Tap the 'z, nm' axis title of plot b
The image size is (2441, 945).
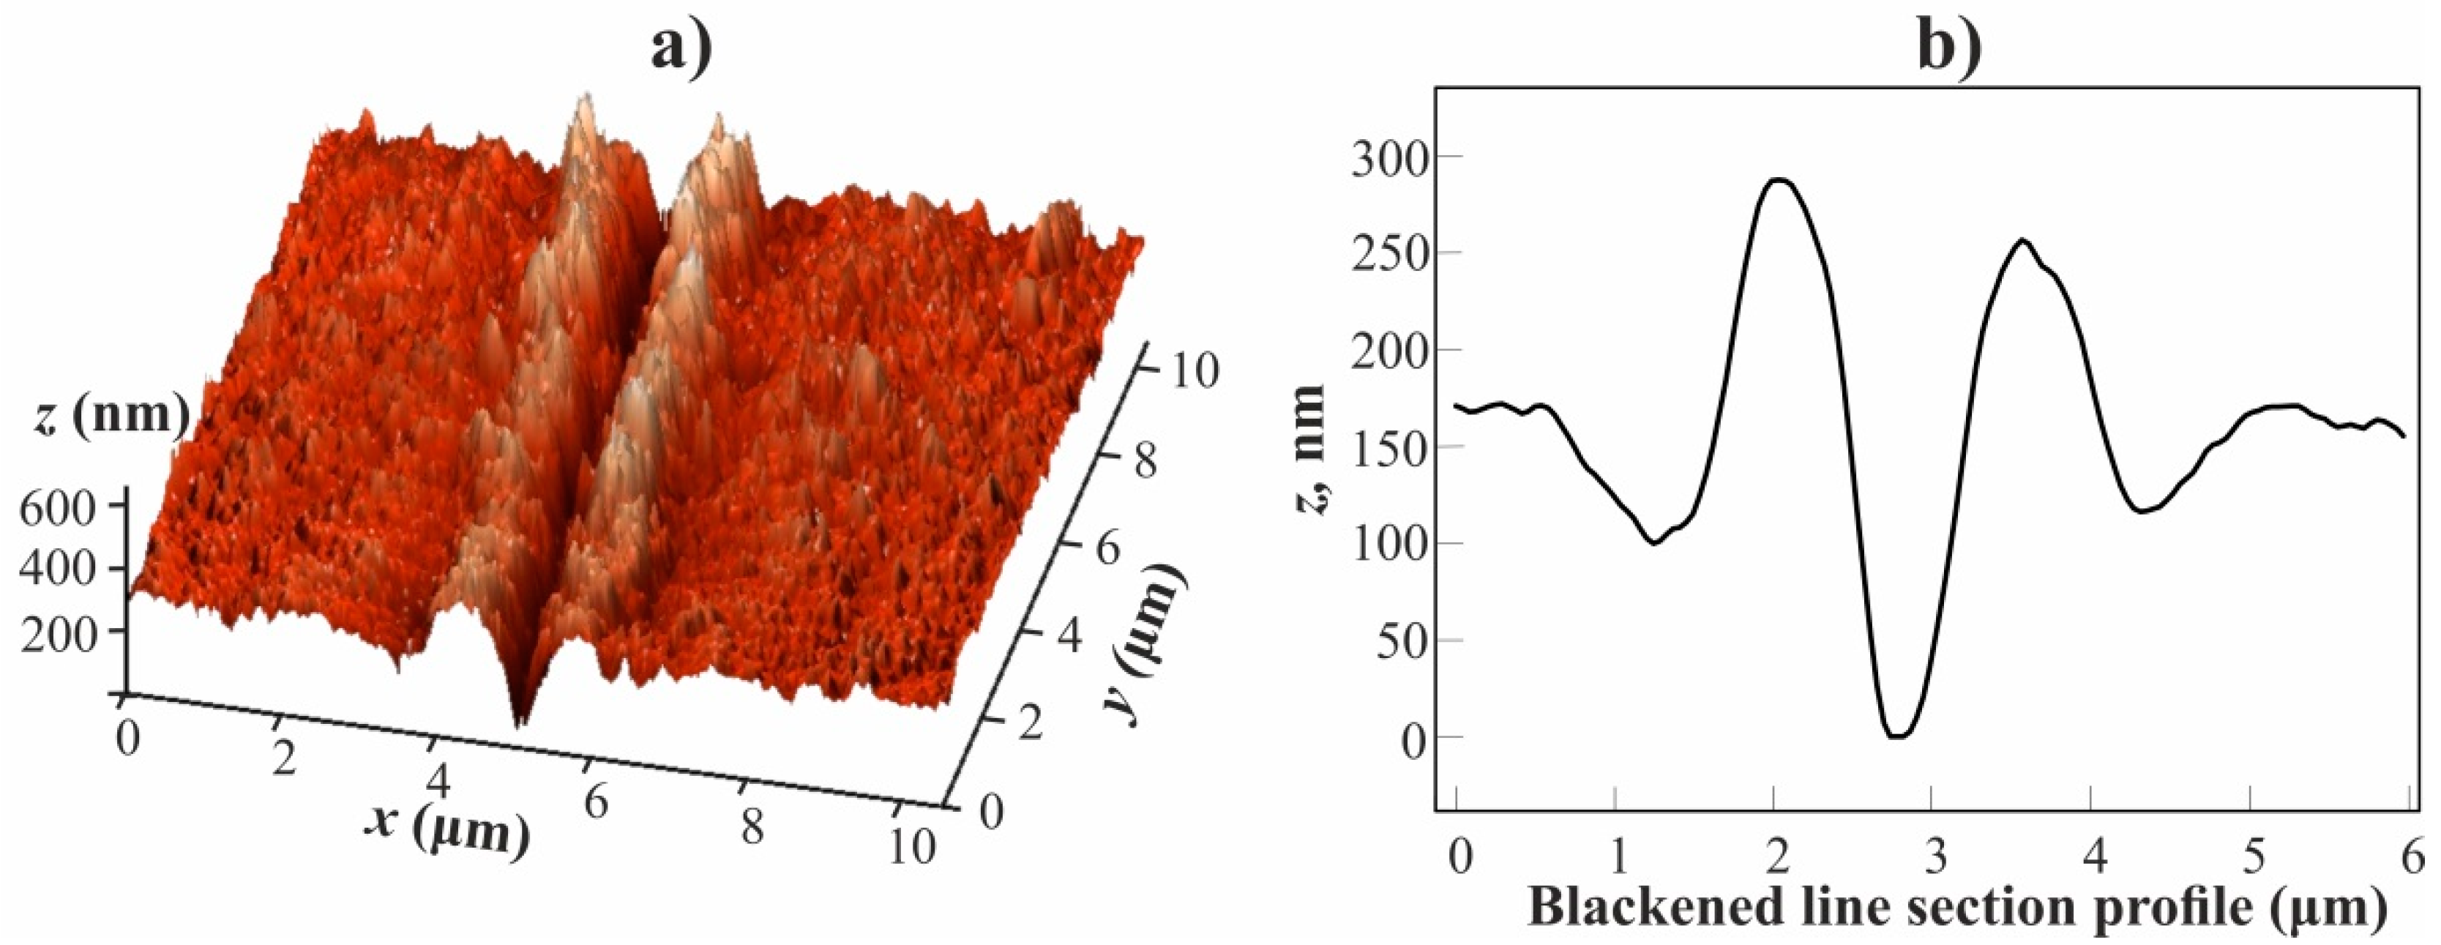coord(1310,449)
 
